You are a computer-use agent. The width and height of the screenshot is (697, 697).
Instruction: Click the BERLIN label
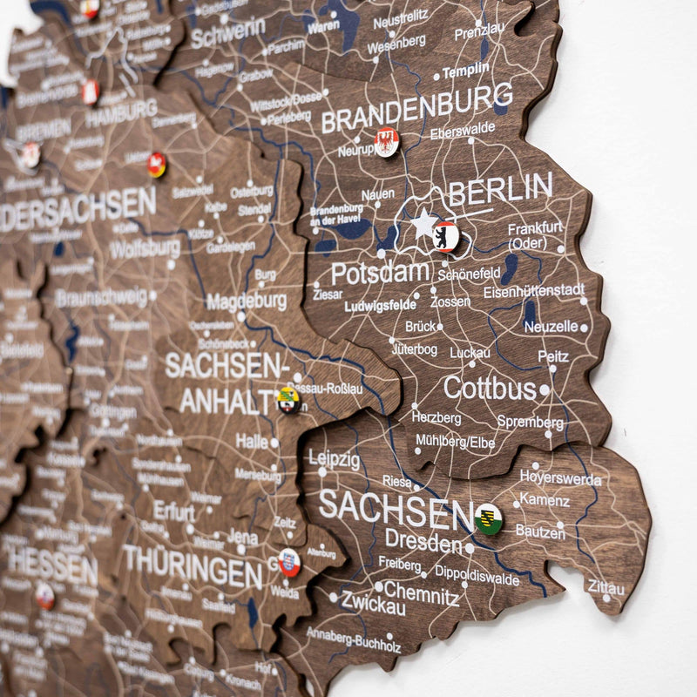pyautogui.click(x=500, y=190)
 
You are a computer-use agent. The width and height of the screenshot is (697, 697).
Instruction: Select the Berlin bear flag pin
pyautogui.click(x=445, y=236)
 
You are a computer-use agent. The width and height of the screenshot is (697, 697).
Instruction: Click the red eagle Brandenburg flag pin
pyautogui.click(x=386, y=141)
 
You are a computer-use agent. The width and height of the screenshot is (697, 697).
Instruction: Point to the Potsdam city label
pyautogui.click(x=380, y=273)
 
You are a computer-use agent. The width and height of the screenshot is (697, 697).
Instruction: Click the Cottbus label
pyautogui.click(x=490, y=388)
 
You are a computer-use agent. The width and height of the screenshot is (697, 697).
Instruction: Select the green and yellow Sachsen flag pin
pyautogui.click(x=488, y=518)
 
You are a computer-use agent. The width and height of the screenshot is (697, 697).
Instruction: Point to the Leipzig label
pyautogui.click(x=334, y=459)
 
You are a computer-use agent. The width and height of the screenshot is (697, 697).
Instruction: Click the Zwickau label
pyautogui.click(x=373, y=602)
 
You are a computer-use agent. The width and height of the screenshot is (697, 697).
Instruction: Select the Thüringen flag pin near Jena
pyautogui.click(x=288, y=562)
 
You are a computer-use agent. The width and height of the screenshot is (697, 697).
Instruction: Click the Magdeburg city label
pyautogui.click(x=247, y=301)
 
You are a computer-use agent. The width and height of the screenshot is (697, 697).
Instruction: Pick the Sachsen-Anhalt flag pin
pyautogui.click(x=288, y=400)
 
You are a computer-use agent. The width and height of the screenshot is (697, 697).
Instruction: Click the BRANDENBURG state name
pyautogui.click(x=416, y=109)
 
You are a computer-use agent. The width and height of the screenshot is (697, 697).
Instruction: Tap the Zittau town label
pyautogui.click(x=606, y=587)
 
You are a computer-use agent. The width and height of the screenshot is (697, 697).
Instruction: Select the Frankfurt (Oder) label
pyautogui.click(x=535, y=234)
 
